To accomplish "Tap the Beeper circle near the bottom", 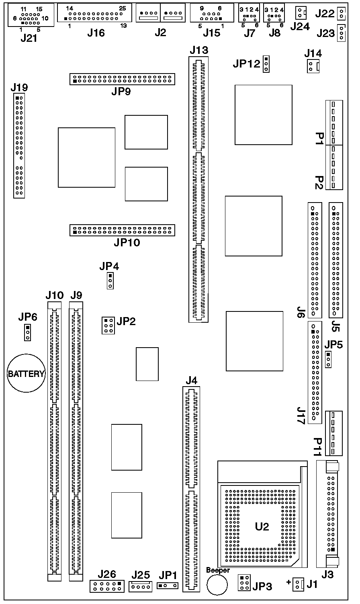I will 217,584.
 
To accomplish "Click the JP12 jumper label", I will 246,64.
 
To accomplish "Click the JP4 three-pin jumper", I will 110,281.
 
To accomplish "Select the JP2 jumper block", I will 107,326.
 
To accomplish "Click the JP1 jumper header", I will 168,586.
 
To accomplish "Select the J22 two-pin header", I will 341,14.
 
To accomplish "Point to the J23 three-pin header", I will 341,33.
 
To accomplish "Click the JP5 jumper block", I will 328,359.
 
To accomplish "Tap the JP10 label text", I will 127,242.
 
